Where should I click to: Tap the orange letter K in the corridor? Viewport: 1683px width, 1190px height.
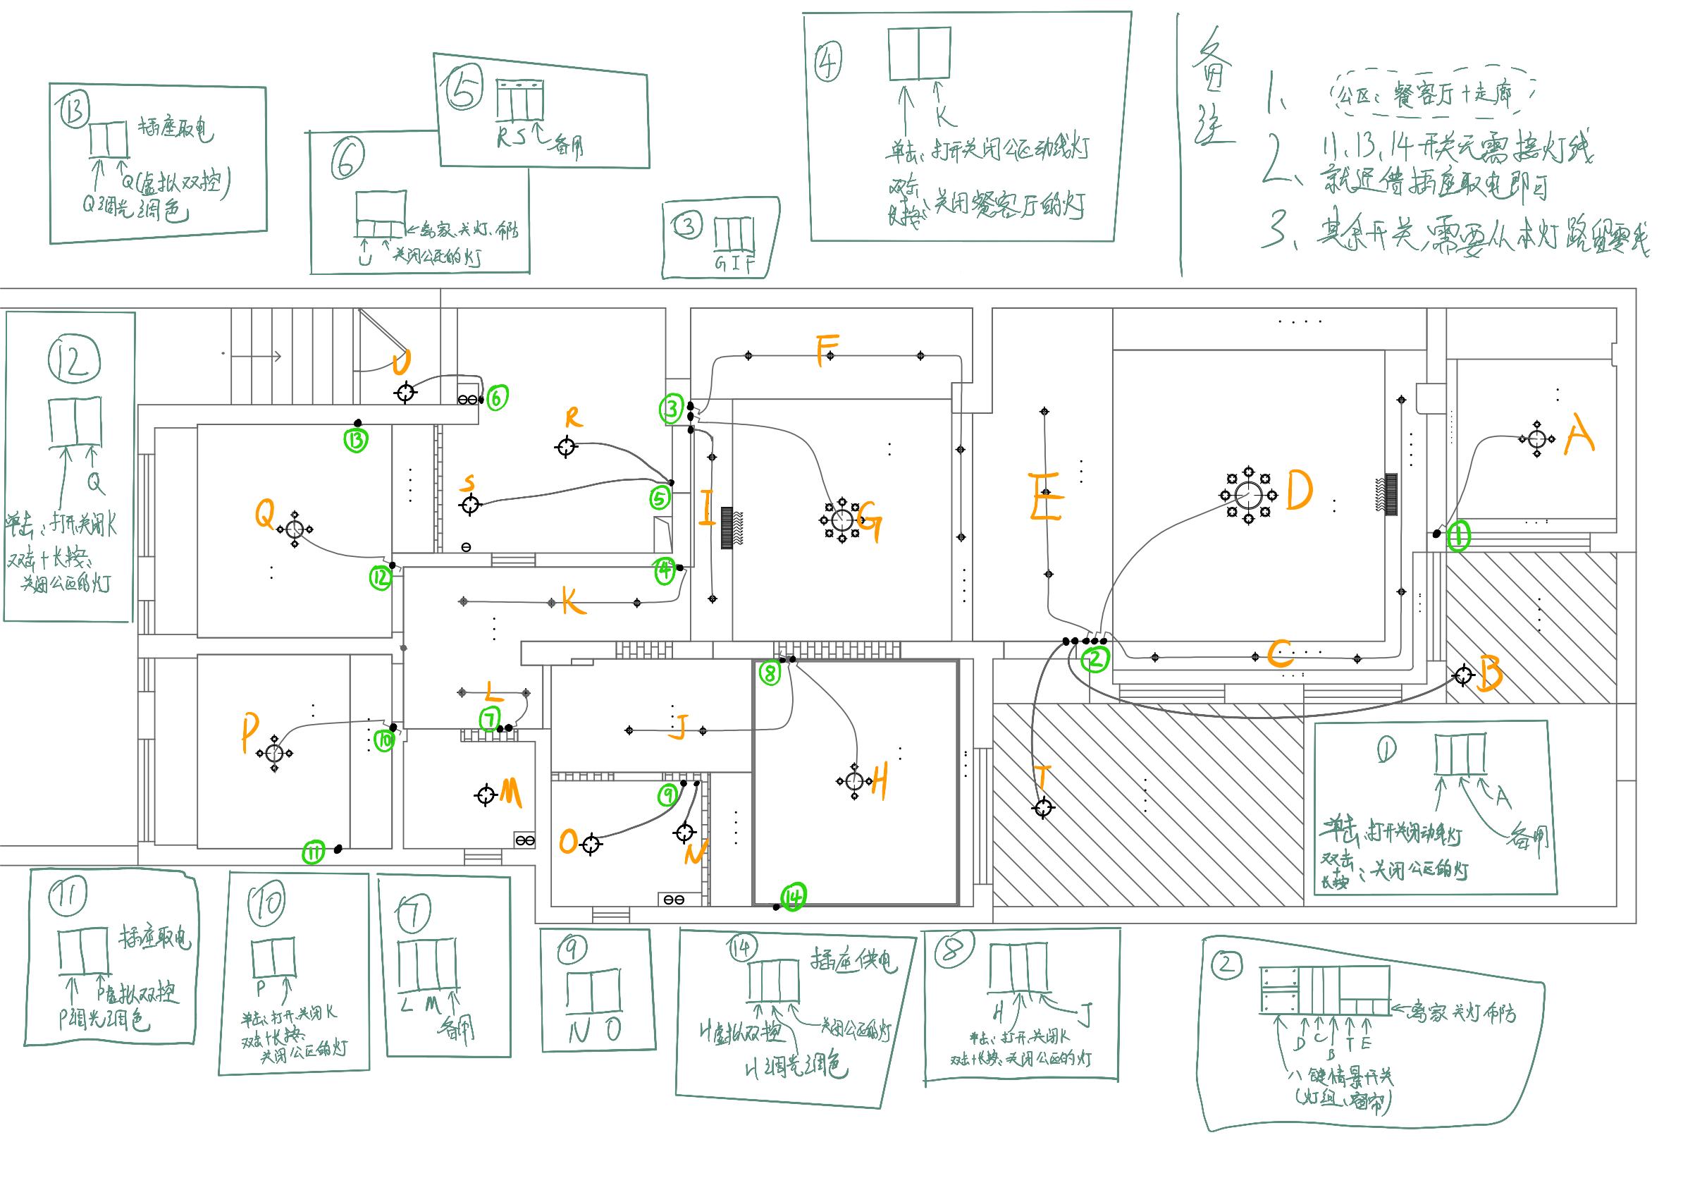coord(574,602)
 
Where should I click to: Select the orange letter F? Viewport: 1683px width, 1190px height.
coord(826,350)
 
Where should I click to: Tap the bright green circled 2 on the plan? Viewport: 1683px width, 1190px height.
coord(1096,658)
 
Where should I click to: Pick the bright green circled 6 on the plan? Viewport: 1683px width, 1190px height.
coord(497,398)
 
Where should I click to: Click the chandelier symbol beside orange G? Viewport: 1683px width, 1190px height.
coord(842,520)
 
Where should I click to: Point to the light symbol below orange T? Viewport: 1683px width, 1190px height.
coord(1043,808)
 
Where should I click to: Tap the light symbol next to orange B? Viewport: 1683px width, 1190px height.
coord(1463,675)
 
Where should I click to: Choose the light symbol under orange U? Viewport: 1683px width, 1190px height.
coord(405,392)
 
